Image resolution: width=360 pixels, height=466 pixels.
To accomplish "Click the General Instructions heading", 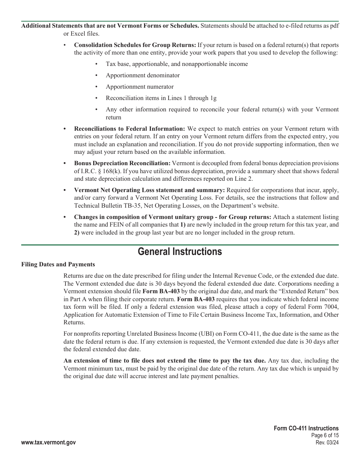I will tap(180, 252).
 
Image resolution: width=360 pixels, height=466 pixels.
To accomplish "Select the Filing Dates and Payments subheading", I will tap(58, 264).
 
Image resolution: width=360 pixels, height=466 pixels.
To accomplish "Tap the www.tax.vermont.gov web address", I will tap(49, 443).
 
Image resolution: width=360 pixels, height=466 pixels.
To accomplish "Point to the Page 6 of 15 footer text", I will tap(324, 436).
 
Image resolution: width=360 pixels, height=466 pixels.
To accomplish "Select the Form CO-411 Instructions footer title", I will tap(306, 428).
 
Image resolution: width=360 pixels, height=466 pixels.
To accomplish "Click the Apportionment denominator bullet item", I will tap(142, 75).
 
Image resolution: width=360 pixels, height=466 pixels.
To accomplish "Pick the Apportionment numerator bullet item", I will tap(139, 87).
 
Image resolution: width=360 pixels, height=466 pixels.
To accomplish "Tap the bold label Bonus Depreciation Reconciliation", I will tap(122, 163).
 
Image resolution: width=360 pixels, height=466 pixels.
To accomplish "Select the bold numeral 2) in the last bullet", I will tap(77, 233).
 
